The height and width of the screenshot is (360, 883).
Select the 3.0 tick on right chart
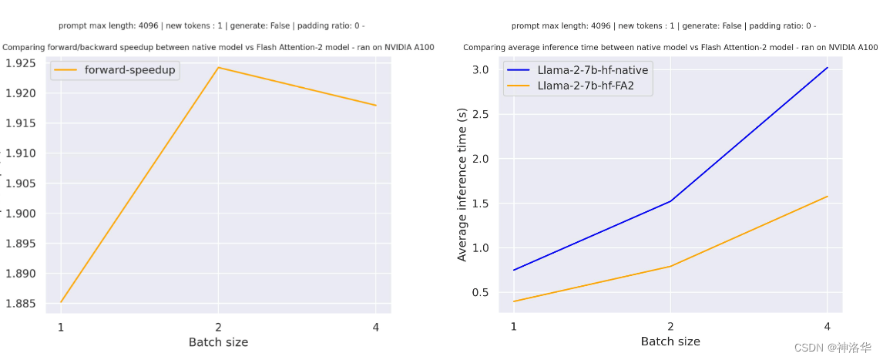coord(480,70)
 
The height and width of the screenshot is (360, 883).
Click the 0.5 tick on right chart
coord(480,292)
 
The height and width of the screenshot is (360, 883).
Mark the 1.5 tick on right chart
coord(480,204)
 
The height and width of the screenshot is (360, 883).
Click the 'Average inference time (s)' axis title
coord(462,184)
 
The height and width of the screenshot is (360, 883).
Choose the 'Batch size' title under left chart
coord(218,342)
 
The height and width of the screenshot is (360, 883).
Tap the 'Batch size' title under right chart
coord(670,341)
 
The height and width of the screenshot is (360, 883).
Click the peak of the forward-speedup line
coord(218,68)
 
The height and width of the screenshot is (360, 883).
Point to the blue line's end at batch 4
coord(828,68)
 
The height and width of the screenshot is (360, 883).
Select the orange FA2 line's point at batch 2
coord(670,266)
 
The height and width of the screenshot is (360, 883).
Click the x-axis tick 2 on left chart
coord(218,327)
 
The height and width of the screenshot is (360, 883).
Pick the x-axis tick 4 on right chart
coord(828,326)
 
